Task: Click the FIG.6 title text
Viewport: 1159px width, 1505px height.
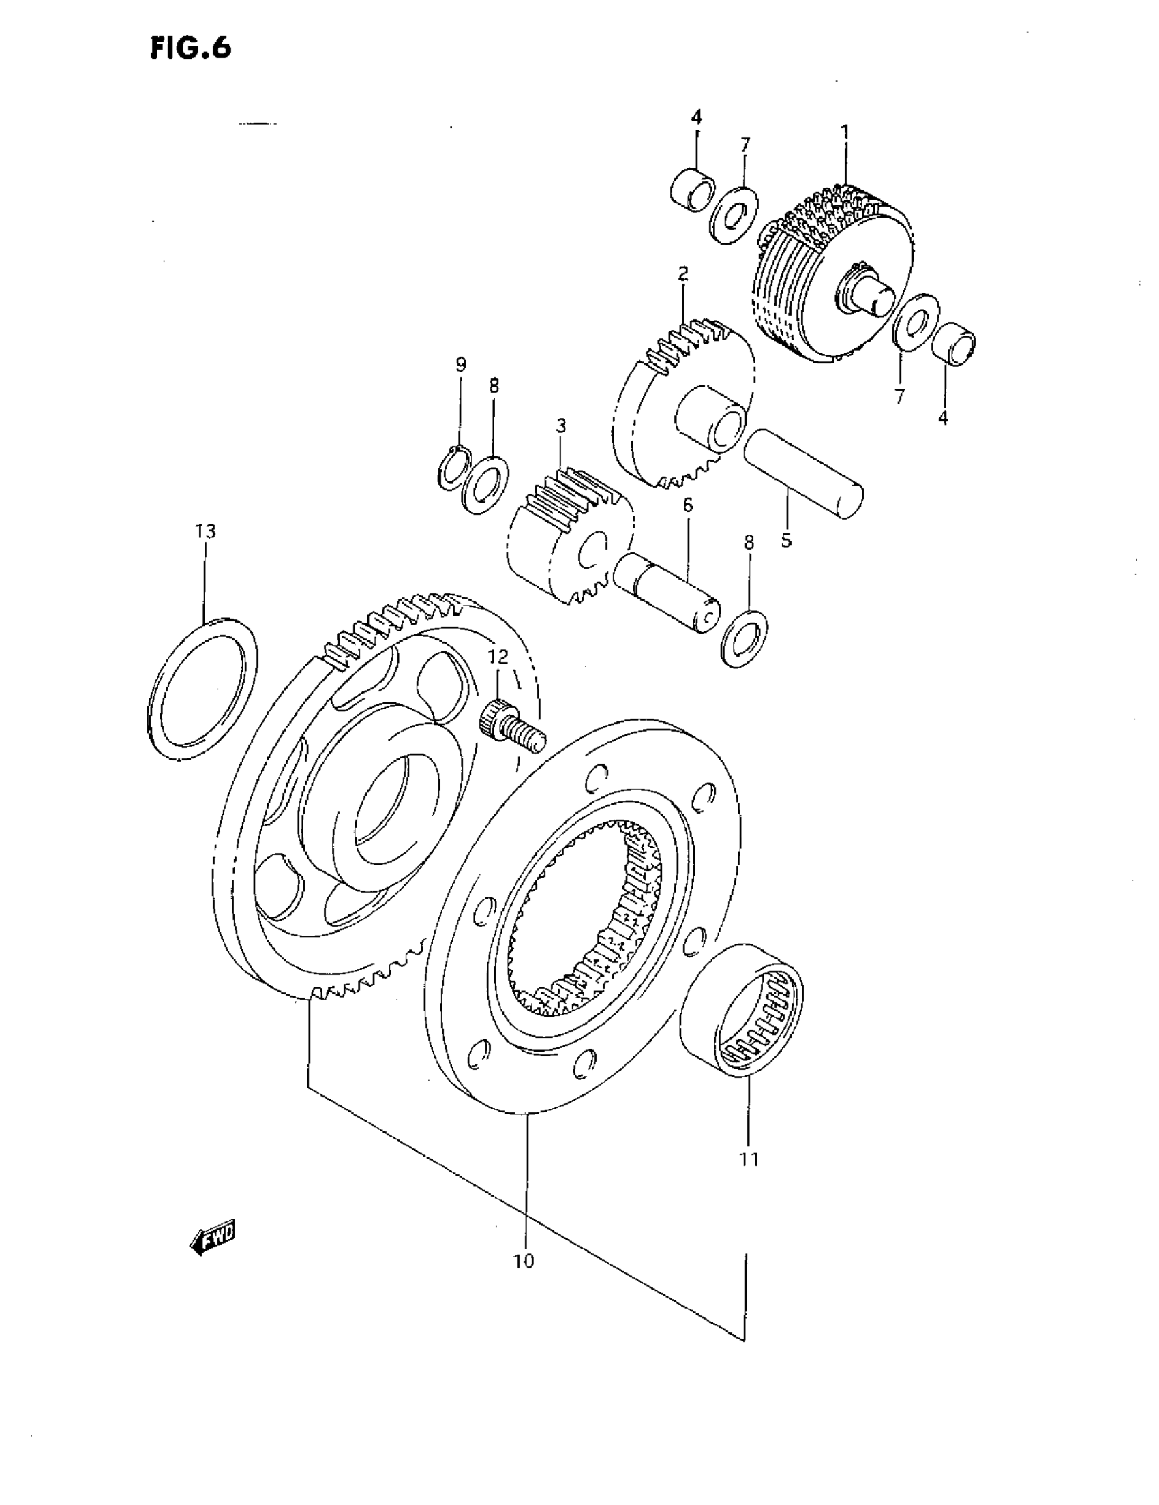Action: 190,48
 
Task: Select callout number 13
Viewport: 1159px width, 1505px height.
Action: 205,531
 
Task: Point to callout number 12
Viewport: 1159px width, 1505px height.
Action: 498,657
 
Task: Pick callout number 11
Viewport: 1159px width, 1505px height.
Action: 749,1160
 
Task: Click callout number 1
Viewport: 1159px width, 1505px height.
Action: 845,131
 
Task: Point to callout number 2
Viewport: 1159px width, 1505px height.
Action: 682,274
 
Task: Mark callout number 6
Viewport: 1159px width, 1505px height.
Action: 687,505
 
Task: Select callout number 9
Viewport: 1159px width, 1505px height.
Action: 460,365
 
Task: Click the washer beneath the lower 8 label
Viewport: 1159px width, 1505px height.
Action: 745,637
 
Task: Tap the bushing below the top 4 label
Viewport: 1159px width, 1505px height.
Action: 692,186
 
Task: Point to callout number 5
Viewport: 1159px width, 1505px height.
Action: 786,540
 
